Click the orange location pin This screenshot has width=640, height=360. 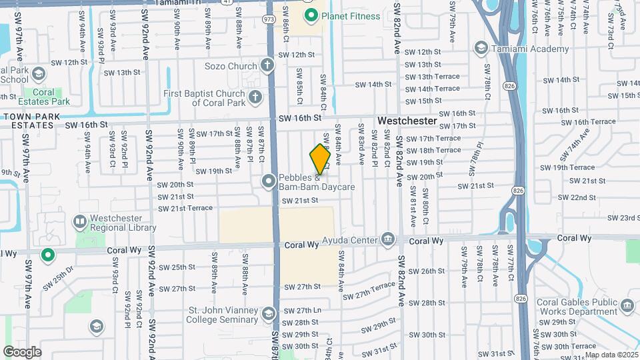coord(320,159)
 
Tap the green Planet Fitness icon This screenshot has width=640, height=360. coord(310,15)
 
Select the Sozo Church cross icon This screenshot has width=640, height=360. coord(267,65)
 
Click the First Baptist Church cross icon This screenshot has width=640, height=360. coord(254,98)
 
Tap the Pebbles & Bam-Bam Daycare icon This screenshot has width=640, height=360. coord(269,181)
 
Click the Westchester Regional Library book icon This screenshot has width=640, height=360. coord(80,221)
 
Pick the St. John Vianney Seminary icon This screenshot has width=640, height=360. coord(269,313)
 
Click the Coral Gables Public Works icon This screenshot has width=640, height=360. coord(627,305)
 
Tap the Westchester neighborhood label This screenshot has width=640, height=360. coord(407,121)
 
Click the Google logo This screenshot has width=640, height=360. coord(22,351)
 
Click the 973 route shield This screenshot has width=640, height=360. coord(269,19)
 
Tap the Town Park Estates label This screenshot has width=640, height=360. coord(31,120)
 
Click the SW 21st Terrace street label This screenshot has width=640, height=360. coord(185,209)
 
